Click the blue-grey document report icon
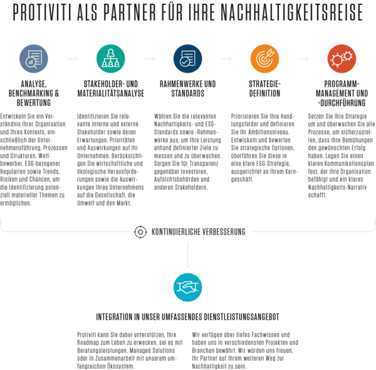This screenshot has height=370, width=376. point(34,58)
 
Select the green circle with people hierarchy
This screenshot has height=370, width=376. point(111,58)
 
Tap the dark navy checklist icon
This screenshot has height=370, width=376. point(188,58)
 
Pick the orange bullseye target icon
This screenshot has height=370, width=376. point(265,58)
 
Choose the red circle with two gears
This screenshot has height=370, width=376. point(342,58)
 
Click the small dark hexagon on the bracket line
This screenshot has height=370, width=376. point(140,231)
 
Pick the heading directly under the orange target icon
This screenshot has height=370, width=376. point(264,88)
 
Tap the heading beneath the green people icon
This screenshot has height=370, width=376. point(111,88)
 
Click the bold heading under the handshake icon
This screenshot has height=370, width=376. point(188,316)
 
